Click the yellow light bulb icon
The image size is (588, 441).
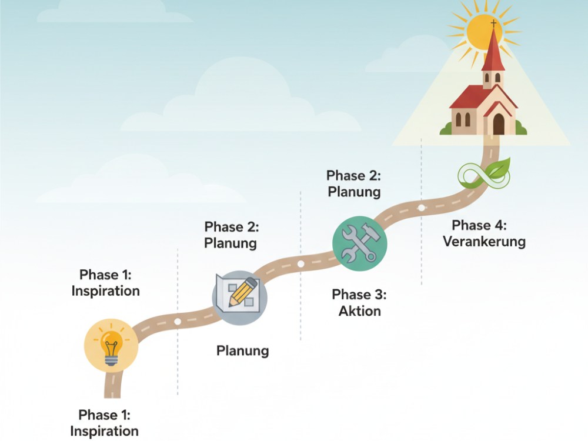(x=111, y=345)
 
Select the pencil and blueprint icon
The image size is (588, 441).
(x=240, y=298)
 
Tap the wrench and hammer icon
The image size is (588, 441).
(x=359, y=243)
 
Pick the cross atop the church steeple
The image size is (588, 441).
(x=493, y=24)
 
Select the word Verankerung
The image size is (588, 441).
(x=484, y=242)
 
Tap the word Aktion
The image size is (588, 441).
(x=360, y=311)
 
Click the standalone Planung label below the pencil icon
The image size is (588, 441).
(x=243, y=351)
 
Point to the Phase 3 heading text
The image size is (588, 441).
(x=359, y=295)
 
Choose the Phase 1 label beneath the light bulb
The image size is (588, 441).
(x=104, y=423)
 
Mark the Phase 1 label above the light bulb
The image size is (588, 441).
(x=105, y=283)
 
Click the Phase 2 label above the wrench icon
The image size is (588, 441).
(x=353, y=183)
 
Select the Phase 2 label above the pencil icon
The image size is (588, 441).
(x=231, y=235)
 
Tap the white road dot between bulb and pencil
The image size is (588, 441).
(x=178, y=322)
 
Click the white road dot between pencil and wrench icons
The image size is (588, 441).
(x=300, y=263)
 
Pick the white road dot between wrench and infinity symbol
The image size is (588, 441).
(x=422, y=208)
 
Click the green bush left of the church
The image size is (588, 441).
(x=446, y=128)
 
